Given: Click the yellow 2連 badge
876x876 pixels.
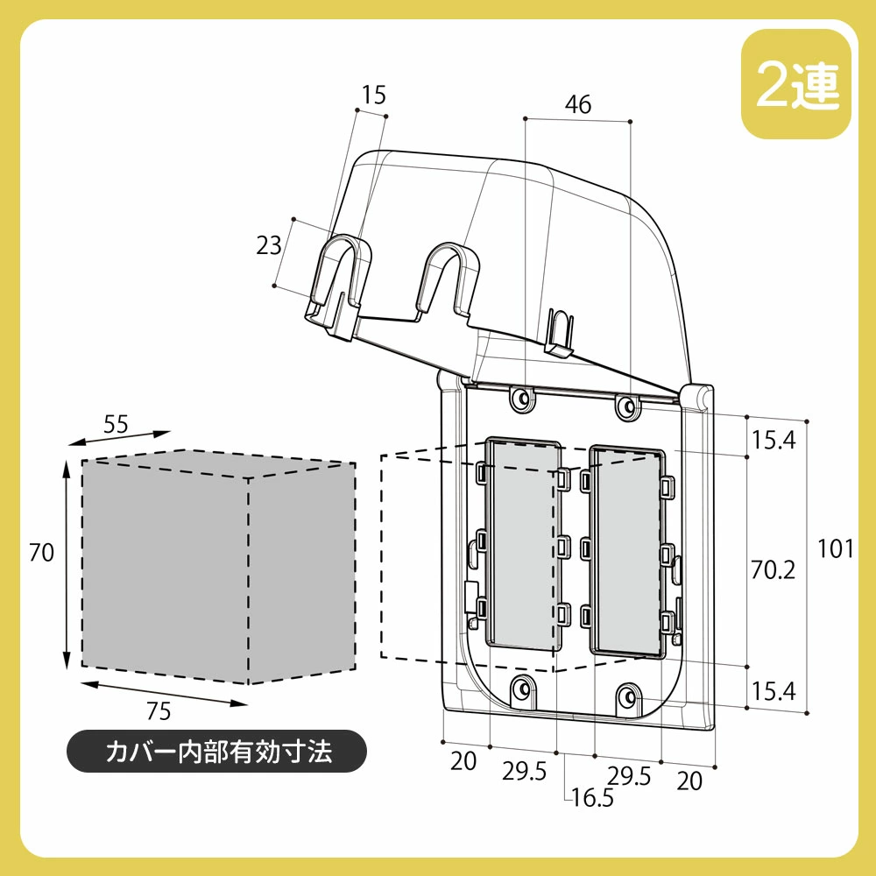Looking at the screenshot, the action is (796, 84).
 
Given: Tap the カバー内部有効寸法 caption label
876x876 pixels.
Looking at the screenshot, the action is (217, 752).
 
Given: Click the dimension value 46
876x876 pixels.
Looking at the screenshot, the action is (577, 104).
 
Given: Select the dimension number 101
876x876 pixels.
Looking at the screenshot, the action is (835, 548).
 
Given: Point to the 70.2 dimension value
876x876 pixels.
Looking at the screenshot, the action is (773, 569).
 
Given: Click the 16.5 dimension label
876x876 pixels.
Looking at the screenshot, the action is (592, 797).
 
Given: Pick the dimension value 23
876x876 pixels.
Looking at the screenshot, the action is (268, 245).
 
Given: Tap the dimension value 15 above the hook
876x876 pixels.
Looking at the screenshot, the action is (373, 95).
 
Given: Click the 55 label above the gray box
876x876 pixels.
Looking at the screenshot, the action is (116, 425).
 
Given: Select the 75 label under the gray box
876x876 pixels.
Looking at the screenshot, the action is (158, 711).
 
